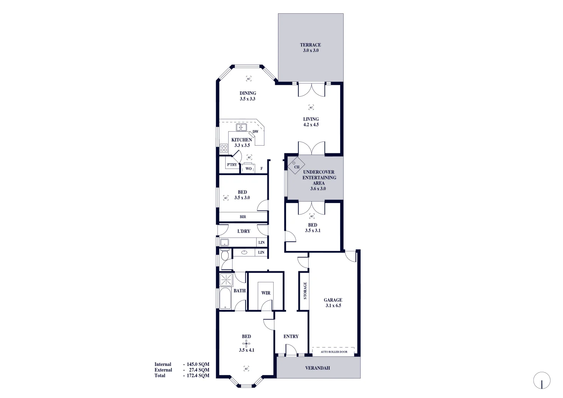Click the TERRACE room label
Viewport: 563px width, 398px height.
pyautogui.click(x=310, y=45)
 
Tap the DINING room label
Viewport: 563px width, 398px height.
pyautogui.click(x=248, y=93)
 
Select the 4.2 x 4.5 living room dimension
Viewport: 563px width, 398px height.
pyautogui.click(x=311, y=125)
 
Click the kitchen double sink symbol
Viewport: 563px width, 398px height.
pyautogui.click(x=241, y=128)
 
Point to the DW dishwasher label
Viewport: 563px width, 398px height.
pyautogui.click(x=256, y=132)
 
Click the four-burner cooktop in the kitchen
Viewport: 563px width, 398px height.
pyautogui.click(x=224, y=148)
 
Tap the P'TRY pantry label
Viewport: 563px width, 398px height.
pyautogui.click(x=232, y=165)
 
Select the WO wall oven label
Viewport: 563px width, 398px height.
pyautogui.click(x=249, y=169)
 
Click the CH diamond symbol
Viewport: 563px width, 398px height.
pyautogui.click(x=296, y=165)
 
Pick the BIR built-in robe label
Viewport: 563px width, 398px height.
pyautogui.click(x=243, y=217)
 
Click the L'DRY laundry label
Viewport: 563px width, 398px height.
pyautogui.click(x=244, y=231)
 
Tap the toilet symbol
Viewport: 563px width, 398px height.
pyautogui.click(x=225, y=254)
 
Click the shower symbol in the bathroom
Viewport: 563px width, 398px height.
pyautogui.click(x=226, y=280)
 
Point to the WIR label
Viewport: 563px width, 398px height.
pyautogui.click(x=266, y=293)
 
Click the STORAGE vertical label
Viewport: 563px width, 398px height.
pyautogui.click(x=305, y=291)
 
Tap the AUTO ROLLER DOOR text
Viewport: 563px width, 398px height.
pyautogui.click(x=334, y=352)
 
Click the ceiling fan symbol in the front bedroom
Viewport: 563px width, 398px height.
pyautogui.click(x=246, y=343)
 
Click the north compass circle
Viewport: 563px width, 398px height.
pyautogui.click(x=542, y=380)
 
